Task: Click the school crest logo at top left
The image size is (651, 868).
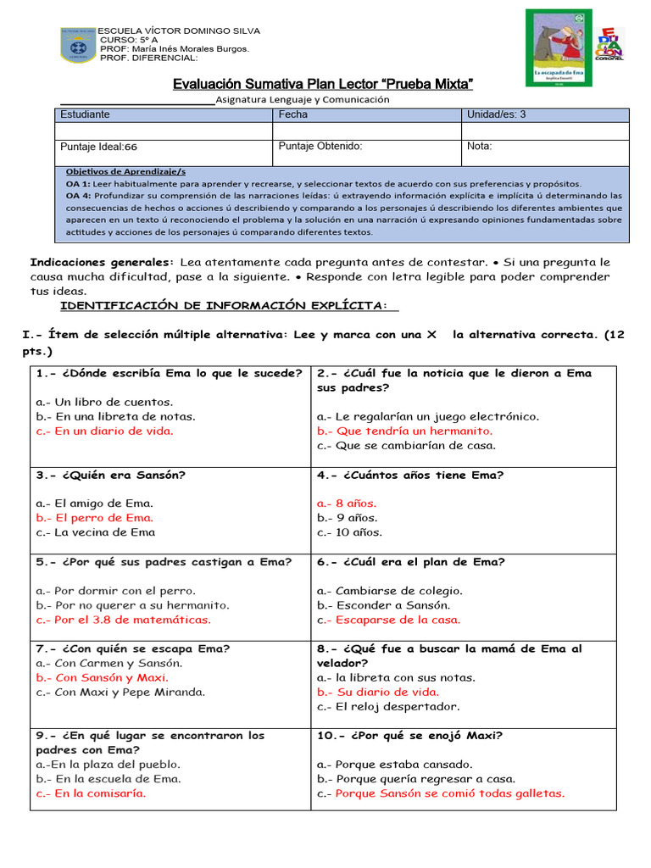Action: pyautogui.click(x=78, y=45)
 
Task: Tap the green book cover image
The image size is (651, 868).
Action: pyautogui.click(x=559, y=47)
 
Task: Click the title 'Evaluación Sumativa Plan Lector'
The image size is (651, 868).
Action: pyautogui.click(x=322, y=84)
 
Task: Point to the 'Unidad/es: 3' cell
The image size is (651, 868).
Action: pyautogui.click(x=497, y=114)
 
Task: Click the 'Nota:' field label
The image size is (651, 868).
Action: pyautogui.click(x=480, y=146)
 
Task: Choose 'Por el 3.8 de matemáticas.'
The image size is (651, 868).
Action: pyautogui.click(x=124, y=620)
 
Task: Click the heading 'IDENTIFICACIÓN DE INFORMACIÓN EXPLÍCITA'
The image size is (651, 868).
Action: pyautogui.click(x=224, y=305)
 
